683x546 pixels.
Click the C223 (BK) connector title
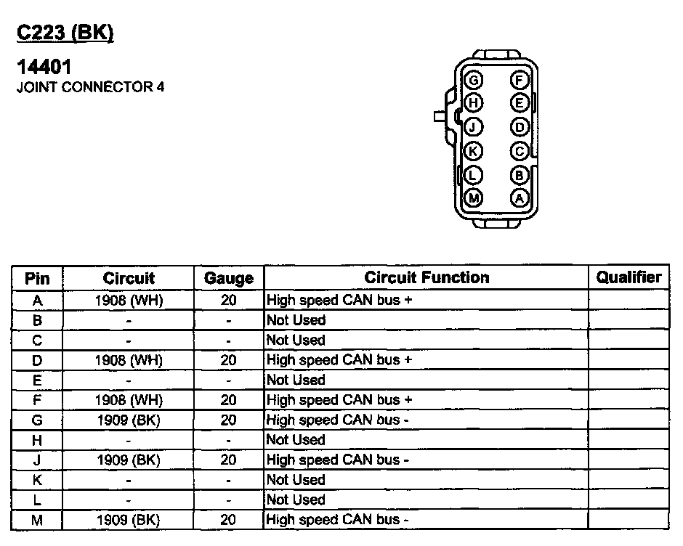65,33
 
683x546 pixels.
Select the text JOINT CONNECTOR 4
90,88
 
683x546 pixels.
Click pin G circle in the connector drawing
474,80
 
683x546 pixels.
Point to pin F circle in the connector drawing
520,80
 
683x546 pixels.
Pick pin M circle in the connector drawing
474,197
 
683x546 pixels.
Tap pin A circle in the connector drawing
520,197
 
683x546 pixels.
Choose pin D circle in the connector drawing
520,127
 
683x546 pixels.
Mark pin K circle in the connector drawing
474,151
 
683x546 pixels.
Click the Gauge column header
229,278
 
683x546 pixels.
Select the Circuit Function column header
427,277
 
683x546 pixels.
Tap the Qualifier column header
629,277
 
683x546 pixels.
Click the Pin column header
38,278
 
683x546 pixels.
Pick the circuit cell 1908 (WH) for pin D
129,360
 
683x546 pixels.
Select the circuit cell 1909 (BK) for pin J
129,460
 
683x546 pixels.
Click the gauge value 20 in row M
229,520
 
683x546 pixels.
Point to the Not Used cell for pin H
296,440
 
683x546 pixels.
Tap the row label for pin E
38,380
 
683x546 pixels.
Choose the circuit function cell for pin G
338,420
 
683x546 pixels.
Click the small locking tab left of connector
438,116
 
